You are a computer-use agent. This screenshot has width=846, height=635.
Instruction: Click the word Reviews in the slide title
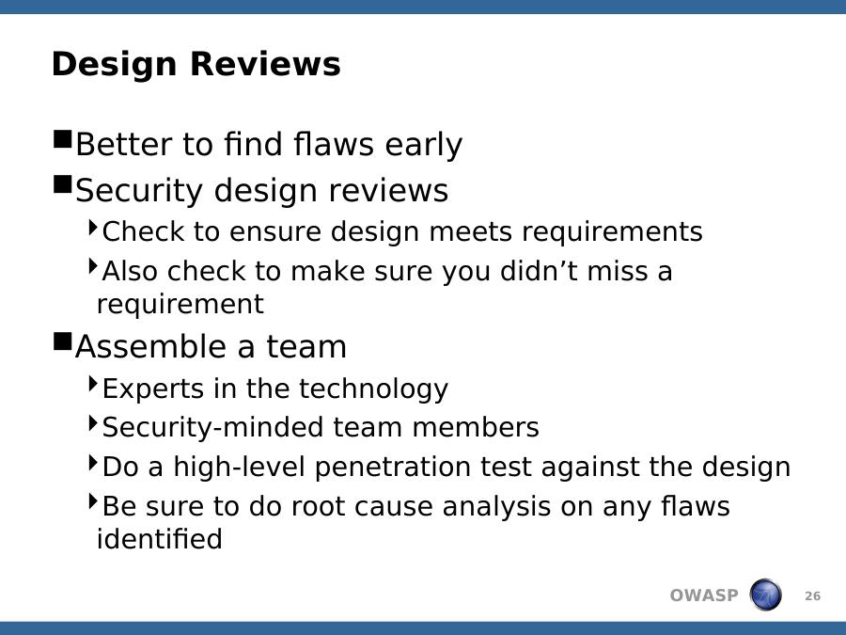point(265,64)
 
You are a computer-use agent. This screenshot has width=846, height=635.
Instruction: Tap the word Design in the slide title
point(115,65)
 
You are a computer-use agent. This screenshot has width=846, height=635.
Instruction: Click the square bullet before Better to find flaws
point(63,139)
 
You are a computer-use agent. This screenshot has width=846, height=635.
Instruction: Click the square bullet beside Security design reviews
point(63,184)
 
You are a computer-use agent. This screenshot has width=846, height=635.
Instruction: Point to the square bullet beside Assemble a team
point(63,341)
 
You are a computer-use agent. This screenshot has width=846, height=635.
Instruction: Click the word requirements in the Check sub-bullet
point(612,232)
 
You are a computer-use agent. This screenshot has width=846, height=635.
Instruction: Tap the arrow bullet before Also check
point(93,265)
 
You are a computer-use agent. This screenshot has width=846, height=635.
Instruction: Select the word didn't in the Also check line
point(539,270)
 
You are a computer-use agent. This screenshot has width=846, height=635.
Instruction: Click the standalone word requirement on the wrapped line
point(180,304)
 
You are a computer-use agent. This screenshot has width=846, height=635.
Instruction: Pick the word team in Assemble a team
point(305,346)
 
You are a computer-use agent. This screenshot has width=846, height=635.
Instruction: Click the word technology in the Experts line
point(373,389)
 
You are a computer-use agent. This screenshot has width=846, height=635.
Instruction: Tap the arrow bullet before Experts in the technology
point(93,384)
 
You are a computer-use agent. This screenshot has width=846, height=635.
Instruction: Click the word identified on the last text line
point(160,538)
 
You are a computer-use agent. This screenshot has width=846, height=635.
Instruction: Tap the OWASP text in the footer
point(703,595)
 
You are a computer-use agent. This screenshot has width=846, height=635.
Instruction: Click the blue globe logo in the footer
point(765,595)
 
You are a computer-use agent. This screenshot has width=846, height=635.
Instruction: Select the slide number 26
point(812,596)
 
